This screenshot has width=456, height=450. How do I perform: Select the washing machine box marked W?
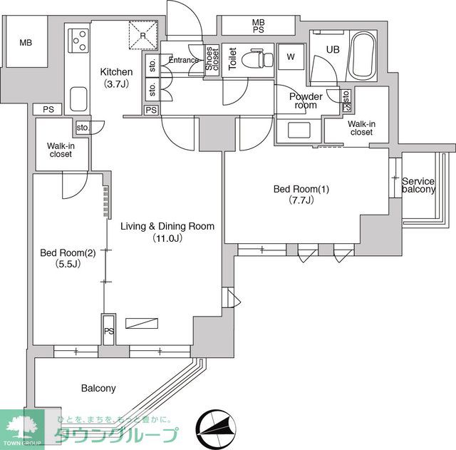pyautogui.click(x=291, y=57)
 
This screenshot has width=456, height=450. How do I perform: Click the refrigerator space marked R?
pyautogui.click(x=143, y=35)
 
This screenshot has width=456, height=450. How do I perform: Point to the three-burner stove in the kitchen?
pyautogui.click(x=78, y=41)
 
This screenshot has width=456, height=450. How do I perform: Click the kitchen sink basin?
pyautogui.click(x=78, y=99)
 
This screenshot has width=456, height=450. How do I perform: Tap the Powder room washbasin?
pyautogui.click(x=299, y=130)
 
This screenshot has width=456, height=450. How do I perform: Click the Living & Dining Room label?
pyautogui.click(x=167, y=226)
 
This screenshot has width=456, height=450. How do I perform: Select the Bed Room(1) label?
pyautogui.click(x=301, y=189)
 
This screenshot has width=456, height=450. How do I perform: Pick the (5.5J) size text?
pyautogui.click(x=68, y=264)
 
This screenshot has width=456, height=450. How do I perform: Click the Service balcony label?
pyautogui.click(x=418, y=185)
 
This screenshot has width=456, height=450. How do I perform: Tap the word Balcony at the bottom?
pyautogui.click(x=98, y=388)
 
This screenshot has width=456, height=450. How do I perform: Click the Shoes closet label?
pyautogui.click(x=212, y=58)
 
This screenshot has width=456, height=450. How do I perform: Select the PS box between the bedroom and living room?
pyautogui.click(x=109, y=329)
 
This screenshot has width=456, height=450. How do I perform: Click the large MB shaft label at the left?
pyautogui.click(x=26, y=43)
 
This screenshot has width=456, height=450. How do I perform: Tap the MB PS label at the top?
pyautogui.click(x=258, y=26)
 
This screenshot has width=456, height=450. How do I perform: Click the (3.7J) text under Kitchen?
pyautogui.click(x=116, y=84)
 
